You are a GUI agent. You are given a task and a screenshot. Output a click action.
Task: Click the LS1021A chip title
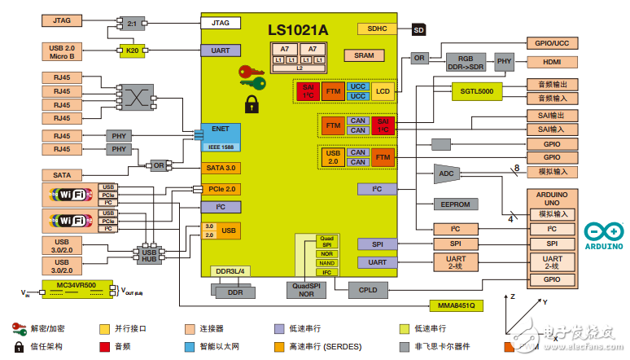(298, 30)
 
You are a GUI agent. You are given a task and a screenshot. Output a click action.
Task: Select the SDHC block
(377, 29)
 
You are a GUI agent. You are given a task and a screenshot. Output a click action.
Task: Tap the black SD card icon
(419, 29)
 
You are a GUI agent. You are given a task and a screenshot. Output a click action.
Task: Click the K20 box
(131, 50)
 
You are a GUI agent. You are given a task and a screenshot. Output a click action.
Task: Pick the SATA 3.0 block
(221, 168)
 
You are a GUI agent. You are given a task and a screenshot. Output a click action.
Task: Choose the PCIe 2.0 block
(221, 189)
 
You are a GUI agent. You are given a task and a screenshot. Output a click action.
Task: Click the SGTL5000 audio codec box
(477, 91)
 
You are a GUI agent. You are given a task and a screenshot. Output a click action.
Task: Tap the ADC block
(447, 173)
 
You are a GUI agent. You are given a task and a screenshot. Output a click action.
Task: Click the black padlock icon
(253, 103)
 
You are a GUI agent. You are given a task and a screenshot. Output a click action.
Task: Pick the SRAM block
(358, 55)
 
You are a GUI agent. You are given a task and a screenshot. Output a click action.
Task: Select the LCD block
(383, 91)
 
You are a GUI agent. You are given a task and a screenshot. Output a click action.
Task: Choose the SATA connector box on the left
(62, 174)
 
